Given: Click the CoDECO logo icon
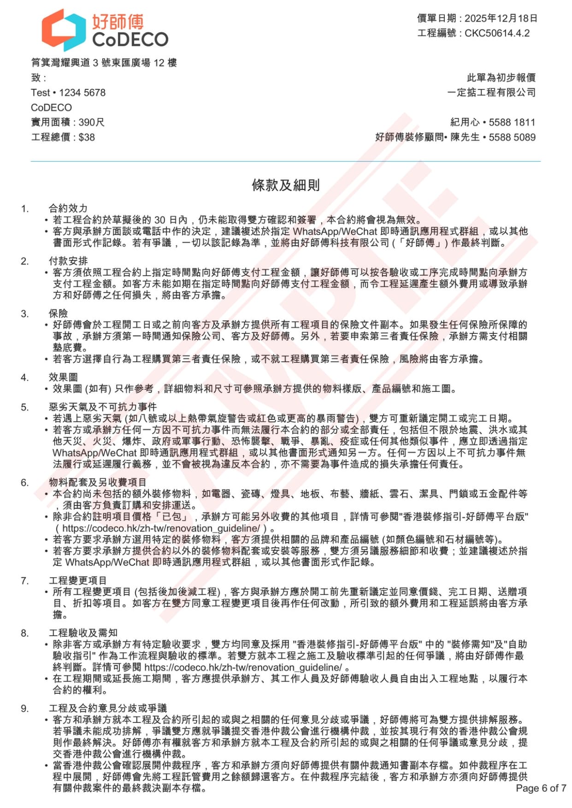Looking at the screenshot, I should pyautogui.click(x=64, y=30).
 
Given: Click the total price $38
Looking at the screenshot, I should pyautogui.click(x=87, y=137).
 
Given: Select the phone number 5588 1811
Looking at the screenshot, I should pyautogui.click(x=512, y=122).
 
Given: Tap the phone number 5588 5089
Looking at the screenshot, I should pyautogui.click(x=512, y=137).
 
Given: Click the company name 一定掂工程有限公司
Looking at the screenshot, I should pyautogui.click(x=491, y=93).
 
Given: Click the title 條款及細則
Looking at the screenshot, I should pyautogui.click(x=286, y=185).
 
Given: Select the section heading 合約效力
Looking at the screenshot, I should pyautogui.click(x=68, y=209).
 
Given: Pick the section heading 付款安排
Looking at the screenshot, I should pyautogui.click(x=68, y=261).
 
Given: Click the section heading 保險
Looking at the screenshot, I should pyautogui.click(x=59, y=314).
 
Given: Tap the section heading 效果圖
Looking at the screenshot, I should pyautogui.click(x=63, y=378).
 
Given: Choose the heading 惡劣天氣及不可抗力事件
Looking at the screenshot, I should pyautogui.click(x=103, y=407).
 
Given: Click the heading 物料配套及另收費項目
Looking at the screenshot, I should pyautogui.click(x=98, y=482).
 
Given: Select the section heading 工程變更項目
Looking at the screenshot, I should pyautogui.click(x=78, y=581).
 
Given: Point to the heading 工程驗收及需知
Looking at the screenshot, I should pyautogui.click(x=83, y=633).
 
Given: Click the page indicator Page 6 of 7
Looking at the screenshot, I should pyautogui.click(x=541, y=788).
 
